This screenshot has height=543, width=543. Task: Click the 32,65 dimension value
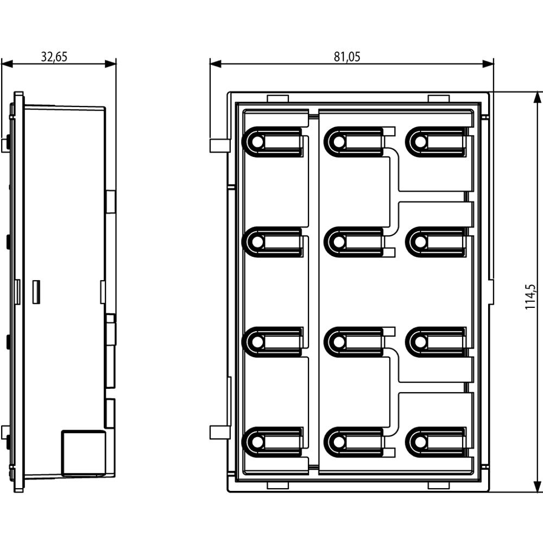pos(54,57)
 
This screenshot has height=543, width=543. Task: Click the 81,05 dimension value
pos(347,57)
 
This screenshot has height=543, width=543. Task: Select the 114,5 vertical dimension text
pos(530,297)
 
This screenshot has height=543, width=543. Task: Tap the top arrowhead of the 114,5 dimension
pos(537,97)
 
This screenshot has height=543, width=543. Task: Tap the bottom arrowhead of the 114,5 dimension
pos(537,486)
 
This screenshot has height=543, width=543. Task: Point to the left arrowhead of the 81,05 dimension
pos(216,64)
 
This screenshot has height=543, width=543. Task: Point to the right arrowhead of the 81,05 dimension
pos(488,64)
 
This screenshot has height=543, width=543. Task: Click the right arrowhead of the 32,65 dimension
pos(110,64)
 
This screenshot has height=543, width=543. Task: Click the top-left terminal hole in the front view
pos(257,142)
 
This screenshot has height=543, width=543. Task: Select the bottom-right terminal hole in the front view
pos(420,442)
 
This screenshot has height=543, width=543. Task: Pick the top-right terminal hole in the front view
pos(420,142)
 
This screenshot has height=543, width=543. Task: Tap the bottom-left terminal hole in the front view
pos(257,442)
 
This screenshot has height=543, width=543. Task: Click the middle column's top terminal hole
pos(339,142)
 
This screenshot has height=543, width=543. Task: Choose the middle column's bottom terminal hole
pos(339,442)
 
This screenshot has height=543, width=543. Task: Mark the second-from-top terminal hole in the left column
pos(257,242)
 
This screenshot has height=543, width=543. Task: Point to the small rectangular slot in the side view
pos(36,292)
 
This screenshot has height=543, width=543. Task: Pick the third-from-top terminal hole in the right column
pos(420,342)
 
